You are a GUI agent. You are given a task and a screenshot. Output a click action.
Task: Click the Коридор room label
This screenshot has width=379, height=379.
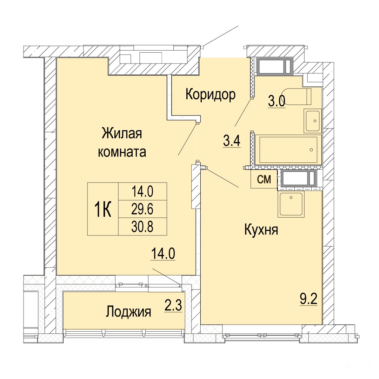tap(210, 94)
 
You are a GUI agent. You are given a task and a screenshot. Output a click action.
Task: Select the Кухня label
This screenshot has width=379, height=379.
tap(261, 230)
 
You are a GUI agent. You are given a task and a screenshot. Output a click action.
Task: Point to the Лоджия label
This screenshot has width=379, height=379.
tap(128, 312)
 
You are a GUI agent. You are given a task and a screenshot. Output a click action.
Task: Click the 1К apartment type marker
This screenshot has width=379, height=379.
tap(103, 209)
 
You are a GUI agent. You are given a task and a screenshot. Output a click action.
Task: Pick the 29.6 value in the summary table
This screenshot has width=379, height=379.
tap(142, 209)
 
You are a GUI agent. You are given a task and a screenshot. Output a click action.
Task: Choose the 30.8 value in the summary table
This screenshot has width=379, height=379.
tap(142, 227)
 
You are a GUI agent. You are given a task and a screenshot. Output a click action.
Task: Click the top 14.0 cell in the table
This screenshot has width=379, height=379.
tap(142, 192)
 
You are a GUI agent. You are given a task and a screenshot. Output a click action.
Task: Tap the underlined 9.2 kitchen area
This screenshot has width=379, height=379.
tap(308, 299)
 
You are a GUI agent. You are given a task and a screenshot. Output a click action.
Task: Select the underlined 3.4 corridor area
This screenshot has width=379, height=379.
tap(232, 141)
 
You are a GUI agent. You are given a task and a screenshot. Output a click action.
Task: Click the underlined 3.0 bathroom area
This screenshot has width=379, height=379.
tap(277, 101)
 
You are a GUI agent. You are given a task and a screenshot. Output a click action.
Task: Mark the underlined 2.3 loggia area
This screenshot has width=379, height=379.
tap(173, 306)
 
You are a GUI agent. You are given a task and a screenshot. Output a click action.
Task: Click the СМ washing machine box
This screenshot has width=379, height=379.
tap(264, 179)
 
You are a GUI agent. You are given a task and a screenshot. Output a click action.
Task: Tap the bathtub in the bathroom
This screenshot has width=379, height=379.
tap(288, 149)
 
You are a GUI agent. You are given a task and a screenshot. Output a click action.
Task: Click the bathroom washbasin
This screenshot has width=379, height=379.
tap(313, 121)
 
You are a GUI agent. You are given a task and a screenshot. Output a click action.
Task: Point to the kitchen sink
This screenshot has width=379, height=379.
tap(291, 204)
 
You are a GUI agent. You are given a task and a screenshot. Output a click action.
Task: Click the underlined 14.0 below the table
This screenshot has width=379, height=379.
tap(163, 254)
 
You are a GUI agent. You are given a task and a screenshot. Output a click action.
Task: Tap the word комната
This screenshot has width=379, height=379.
tap(122, 152)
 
